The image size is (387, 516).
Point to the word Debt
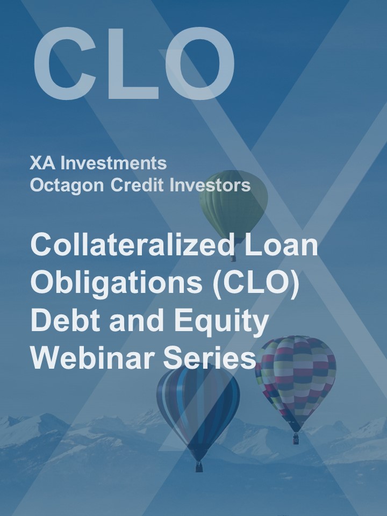coord(64,320)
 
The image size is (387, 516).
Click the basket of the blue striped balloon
coord(199,465)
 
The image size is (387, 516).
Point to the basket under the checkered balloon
coord(296,439)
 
